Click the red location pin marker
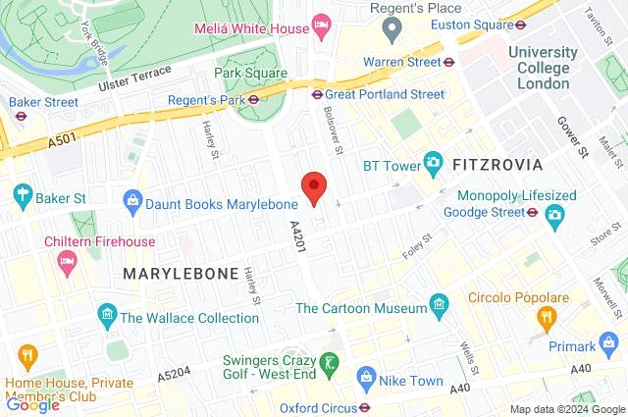(x=313, y=186)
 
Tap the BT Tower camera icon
(x=433, y=163)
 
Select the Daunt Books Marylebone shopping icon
(x=131, y=202)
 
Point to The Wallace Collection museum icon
(x=107, y=316)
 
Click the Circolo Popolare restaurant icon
(x=548, y=317)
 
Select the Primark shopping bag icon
(x=611, y=344)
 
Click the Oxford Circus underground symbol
(x=364, y=406)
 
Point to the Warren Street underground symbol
(x=448, y=61)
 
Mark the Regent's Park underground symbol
(x=253, y=98)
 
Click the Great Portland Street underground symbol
(x=317, y=94)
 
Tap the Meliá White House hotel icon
(x=320, y=23)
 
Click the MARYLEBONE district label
(x=181, y=273)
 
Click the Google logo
(x=32, y=403)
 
